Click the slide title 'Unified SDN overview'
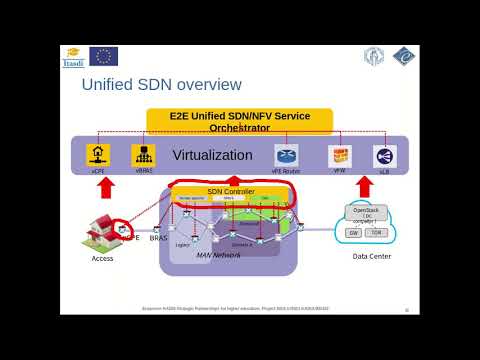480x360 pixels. tap(161, 84)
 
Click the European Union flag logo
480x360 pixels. tap(103, 56)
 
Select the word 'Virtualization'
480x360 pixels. tap(212, 155)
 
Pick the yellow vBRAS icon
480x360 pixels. tap(143, 154)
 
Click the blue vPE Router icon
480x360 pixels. tap(286, 155)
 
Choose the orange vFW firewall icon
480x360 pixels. tap(340, 155)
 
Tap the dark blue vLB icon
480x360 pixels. tap(385, 155)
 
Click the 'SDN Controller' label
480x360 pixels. tap(230, 191)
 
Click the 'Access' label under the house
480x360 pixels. tap(102, 257)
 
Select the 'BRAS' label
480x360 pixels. tap(158, 239)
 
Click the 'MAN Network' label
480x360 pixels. tap(218, 255)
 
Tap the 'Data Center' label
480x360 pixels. tap(371, 256)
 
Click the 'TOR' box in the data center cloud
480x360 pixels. tap(376, 232)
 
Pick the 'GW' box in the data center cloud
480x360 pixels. tap(353, 232)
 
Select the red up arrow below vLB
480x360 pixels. tap(385, 185)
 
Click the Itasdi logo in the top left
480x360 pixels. tap(72, 57)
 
